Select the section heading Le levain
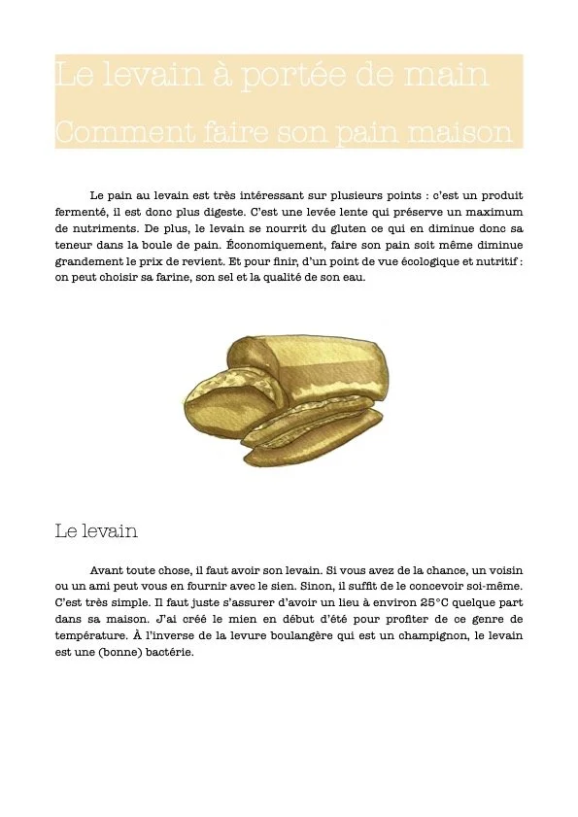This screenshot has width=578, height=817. [x=96, y=531]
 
